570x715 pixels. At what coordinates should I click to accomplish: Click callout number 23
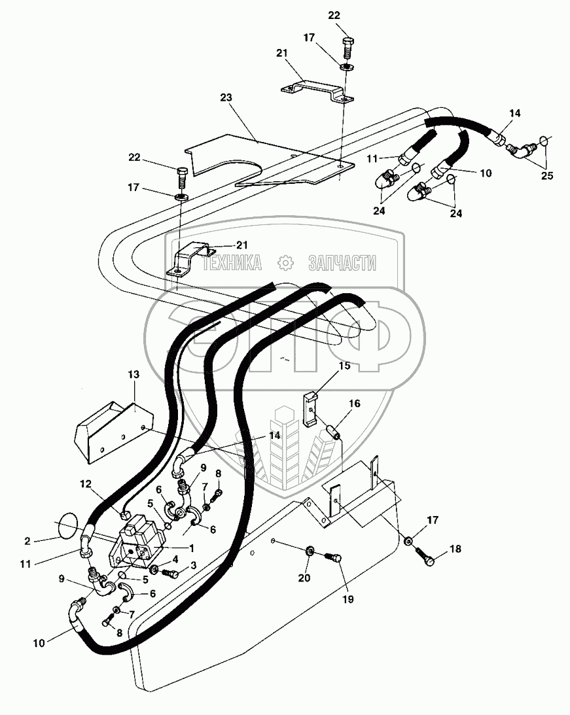click(226, 97)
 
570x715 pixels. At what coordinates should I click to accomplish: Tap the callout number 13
click(134, 375)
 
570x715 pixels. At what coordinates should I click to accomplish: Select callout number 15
click(344, 366)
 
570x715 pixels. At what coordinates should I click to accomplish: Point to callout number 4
click(175, 559)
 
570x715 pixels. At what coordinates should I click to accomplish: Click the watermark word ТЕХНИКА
click(232, 264)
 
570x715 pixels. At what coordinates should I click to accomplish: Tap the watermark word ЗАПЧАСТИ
click(342, 264)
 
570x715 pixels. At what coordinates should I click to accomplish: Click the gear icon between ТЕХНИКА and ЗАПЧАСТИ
click(285, 263)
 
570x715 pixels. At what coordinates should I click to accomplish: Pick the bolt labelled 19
click(333, 557)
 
